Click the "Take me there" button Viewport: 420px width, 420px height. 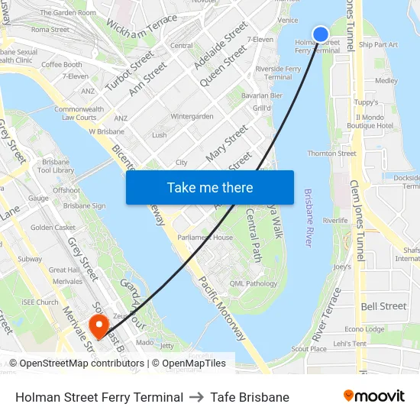210,188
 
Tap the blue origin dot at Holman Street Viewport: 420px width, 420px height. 321,34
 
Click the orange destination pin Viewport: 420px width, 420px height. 99,326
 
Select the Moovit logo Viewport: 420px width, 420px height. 373,396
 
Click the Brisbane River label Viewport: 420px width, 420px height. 308,218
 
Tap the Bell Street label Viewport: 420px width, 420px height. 383,306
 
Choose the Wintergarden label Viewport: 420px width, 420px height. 192,117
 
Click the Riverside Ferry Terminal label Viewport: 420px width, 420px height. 277,73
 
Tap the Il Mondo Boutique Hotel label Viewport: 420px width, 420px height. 370,121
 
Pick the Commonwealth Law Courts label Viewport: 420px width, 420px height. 79,113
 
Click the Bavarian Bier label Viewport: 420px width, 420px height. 262,95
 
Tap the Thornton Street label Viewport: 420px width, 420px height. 331,153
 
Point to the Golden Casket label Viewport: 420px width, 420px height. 53,228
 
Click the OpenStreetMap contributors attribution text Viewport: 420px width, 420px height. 76,363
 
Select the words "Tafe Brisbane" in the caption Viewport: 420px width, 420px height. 250,397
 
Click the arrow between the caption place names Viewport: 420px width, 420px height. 197,397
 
